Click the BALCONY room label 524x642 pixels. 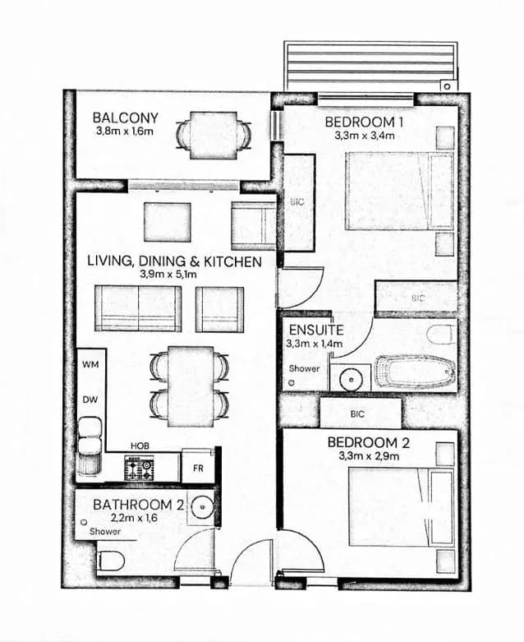point(125,118)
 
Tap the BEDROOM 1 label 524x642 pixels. point(365,122)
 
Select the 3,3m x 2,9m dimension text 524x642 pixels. point(369,455)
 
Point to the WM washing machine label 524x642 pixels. point(90,364)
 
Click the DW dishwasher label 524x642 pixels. point(90,400)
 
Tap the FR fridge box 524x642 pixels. point(199,466)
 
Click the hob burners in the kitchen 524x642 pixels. point(139,469)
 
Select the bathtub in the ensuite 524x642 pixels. point(416,372)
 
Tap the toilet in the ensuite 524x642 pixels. point(441,335)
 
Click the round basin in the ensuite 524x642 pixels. point(350,379)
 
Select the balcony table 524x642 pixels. point(213,136)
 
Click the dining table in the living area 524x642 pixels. point(191,386)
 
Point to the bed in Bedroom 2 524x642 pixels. point(401,507)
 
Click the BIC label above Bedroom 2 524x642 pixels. point(357,414)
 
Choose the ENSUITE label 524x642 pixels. point(316,330)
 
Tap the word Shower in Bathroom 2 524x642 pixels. point(105,532)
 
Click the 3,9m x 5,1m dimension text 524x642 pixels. point(168,274)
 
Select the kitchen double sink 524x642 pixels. point(90,436)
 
